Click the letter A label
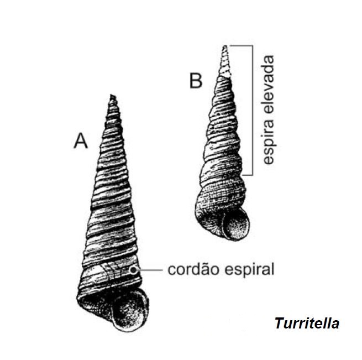click(81, 141)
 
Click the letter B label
click(196, 81)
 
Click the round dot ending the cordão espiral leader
click(133, 269)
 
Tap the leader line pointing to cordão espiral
click(149, 269)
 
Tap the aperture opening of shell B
click(234, 225)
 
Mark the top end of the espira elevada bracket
click(253, 45)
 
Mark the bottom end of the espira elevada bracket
click(253, 175)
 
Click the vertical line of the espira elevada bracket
click(253, 111)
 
